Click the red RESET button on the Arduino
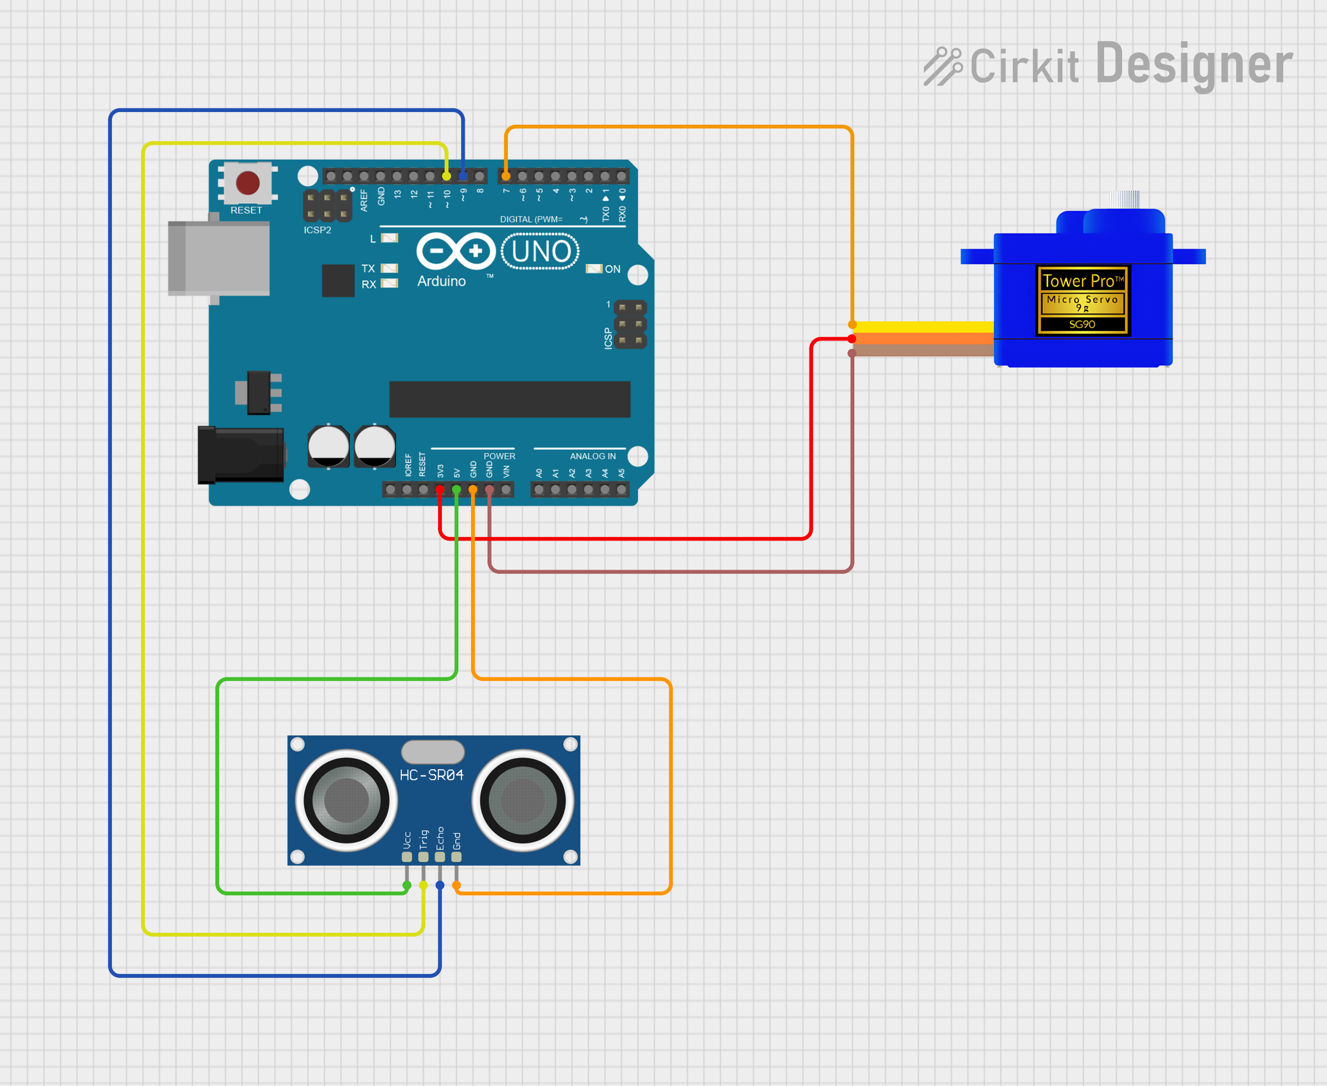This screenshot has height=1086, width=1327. click(248, 183)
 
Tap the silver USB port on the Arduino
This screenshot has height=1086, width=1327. click(219, 258)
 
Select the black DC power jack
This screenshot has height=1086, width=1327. click(241, 455)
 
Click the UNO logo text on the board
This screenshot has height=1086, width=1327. click(541, 251)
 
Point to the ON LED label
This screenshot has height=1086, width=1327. click(612, 269)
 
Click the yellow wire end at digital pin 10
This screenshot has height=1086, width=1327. click(446, 176)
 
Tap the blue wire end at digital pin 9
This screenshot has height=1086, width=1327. click(463, 176)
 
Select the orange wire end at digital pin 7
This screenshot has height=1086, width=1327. click(506, 176)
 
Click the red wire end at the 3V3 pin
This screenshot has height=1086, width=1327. click(440, 490)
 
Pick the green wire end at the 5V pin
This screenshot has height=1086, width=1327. click(456, 490)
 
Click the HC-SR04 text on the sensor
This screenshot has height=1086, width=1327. click(432, 775)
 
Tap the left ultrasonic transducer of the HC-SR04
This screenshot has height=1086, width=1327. click(346, 800)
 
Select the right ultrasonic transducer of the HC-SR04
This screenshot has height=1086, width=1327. click(523, 800)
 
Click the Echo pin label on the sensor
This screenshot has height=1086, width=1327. click(440, 838)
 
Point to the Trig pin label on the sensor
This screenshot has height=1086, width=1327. click(424, 839)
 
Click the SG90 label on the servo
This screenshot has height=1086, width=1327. click(1082, 324)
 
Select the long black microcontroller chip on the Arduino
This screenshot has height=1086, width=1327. click(510, 399)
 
